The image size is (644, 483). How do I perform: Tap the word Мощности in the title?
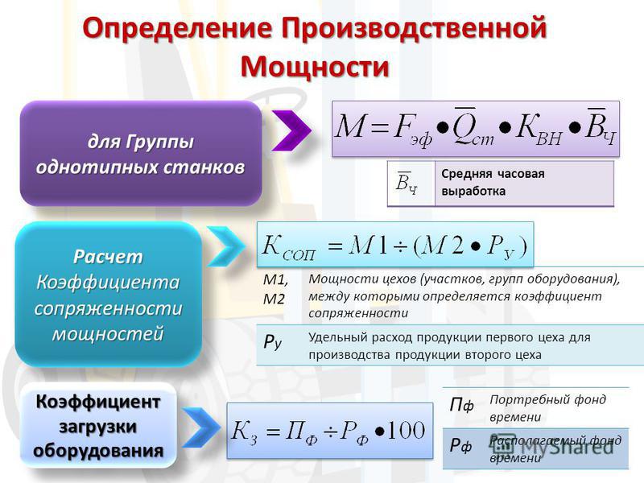click(x=315, y=66)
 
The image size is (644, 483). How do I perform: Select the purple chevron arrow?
click(x=291, y=130)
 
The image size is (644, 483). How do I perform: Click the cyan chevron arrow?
click(x=225, y=246)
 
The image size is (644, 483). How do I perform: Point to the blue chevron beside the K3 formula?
click(x=200, y=427)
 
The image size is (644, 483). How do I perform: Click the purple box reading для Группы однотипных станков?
click(x=141, y=153)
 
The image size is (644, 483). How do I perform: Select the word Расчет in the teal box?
click(x=108, y=257)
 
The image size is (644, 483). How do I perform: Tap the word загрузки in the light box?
click(x=97, y=427)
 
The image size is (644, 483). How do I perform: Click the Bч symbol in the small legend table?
click(x=407, y=183)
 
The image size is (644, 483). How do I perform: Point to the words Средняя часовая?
click(x=493, y=174)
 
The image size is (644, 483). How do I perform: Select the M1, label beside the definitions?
click(x=275, y=279)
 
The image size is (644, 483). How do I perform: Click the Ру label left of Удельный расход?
click(x=272, y=341)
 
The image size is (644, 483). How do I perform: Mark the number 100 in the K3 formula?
click(x=406, y=431)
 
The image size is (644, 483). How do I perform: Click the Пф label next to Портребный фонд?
click(x=461, y=406)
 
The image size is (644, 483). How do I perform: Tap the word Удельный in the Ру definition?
click(x=337, y=338)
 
